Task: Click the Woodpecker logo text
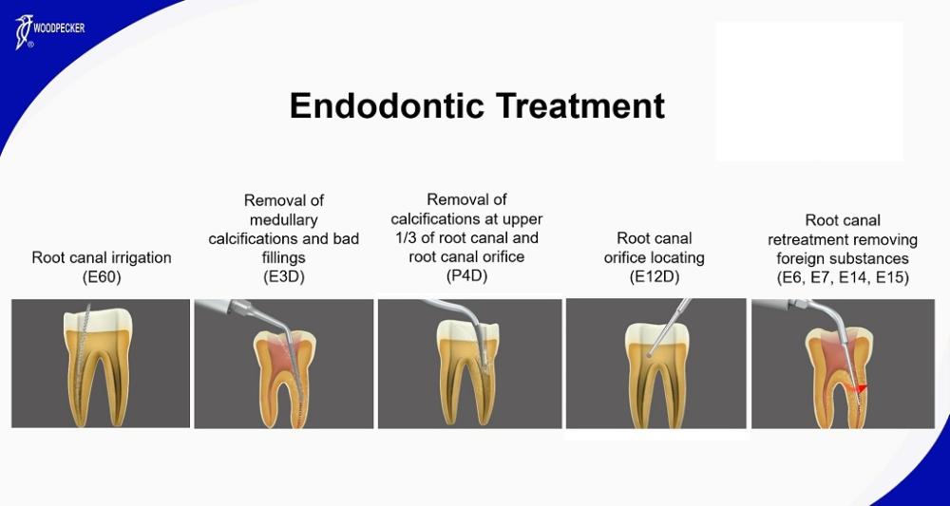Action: point(59,28)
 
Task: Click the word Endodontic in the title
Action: point(387,106)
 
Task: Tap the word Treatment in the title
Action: point(580,106)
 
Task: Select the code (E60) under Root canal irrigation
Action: point(102,277)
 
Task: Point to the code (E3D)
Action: point(283,277)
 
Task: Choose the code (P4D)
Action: point(466,276)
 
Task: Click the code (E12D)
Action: point(655,277)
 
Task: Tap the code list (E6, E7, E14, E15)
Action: point(843,278)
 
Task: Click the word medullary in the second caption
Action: point(283,219)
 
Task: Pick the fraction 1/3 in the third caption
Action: point(404,238)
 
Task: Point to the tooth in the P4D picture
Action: point(467,373)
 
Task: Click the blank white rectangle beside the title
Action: point(808,91)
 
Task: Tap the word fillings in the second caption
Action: point(283,258)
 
